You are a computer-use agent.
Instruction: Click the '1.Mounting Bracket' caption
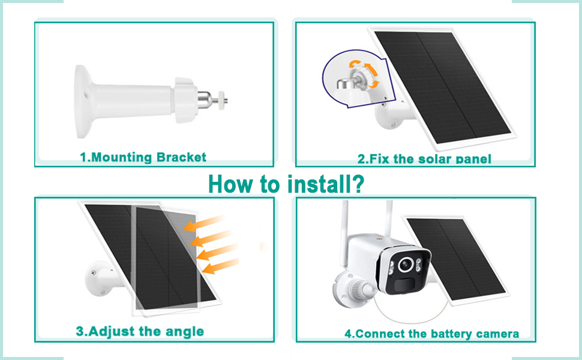[x=143, y=157]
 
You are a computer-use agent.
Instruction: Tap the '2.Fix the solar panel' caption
[x=424, y=159]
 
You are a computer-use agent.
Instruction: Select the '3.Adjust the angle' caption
[x=140, y=331]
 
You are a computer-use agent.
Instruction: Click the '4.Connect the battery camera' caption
[x=431, y=334]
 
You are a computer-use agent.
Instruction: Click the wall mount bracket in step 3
[x=100, y=278]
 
